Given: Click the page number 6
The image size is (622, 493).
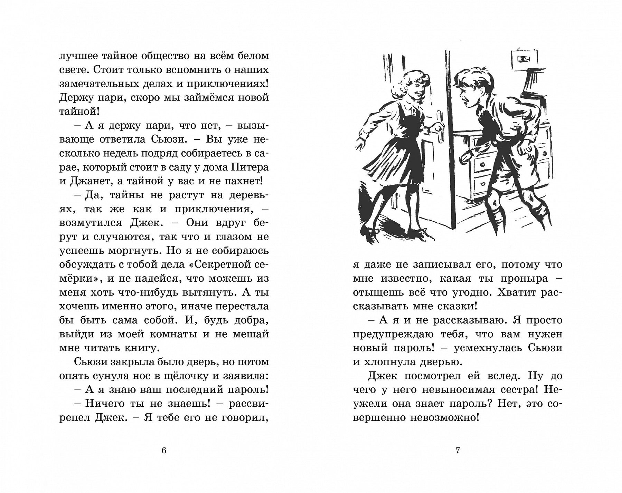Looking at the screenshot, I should point(164,451).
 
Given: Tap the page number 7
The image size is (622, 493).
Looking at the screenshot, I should point(458,451).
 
